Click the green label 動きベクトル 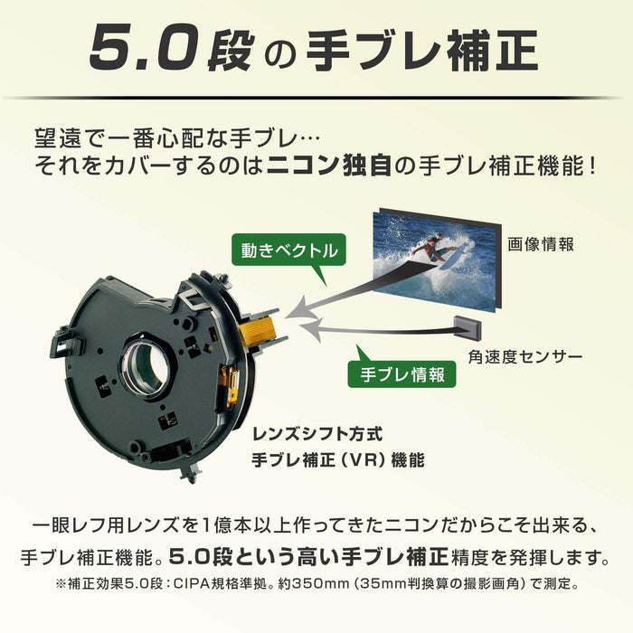(289, 250)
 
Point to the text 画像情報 (541, 244)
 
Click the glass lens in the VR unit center (146, 369)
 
